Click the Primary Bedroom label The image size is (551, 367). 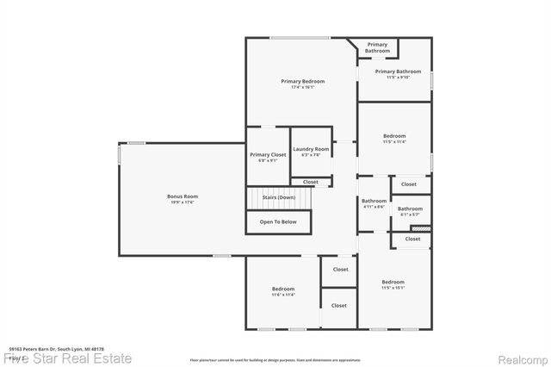tap(302, 81)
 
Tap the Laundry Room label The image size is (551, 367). tap(311, 149)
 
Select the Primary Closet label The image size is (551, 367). tap(268, 154)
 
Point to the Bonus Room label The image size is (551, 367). tap(183, 196)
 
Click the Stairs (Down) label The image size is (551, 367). tap(278, 197)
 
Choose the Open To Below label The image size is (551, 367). tap(278, 221)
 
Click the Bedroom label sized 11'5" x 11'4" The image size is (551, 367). tap(394, 136)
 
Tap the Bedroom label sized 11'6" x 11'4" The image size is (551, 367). tap(283, 289)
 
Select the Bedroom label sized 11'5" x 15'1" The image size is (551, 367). tap(393, 282)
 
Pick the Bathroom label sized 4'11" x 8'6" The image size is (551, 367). tap(374, 201)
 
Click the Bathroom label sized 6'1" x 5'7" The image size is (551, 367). tap(410, 208)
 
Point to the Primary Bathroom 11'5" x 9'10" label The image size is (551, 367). tap(398, 72)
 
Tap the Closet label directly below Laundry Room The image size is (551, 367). tap(310, 182)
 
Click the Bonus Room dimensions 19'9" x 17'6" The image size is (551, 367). tap(183, 202)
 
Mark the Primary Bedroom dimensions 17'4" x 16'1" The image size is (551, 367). tap(302, 87)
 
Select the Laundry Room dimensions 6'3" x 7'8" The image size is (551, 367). tap(311, 155)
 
